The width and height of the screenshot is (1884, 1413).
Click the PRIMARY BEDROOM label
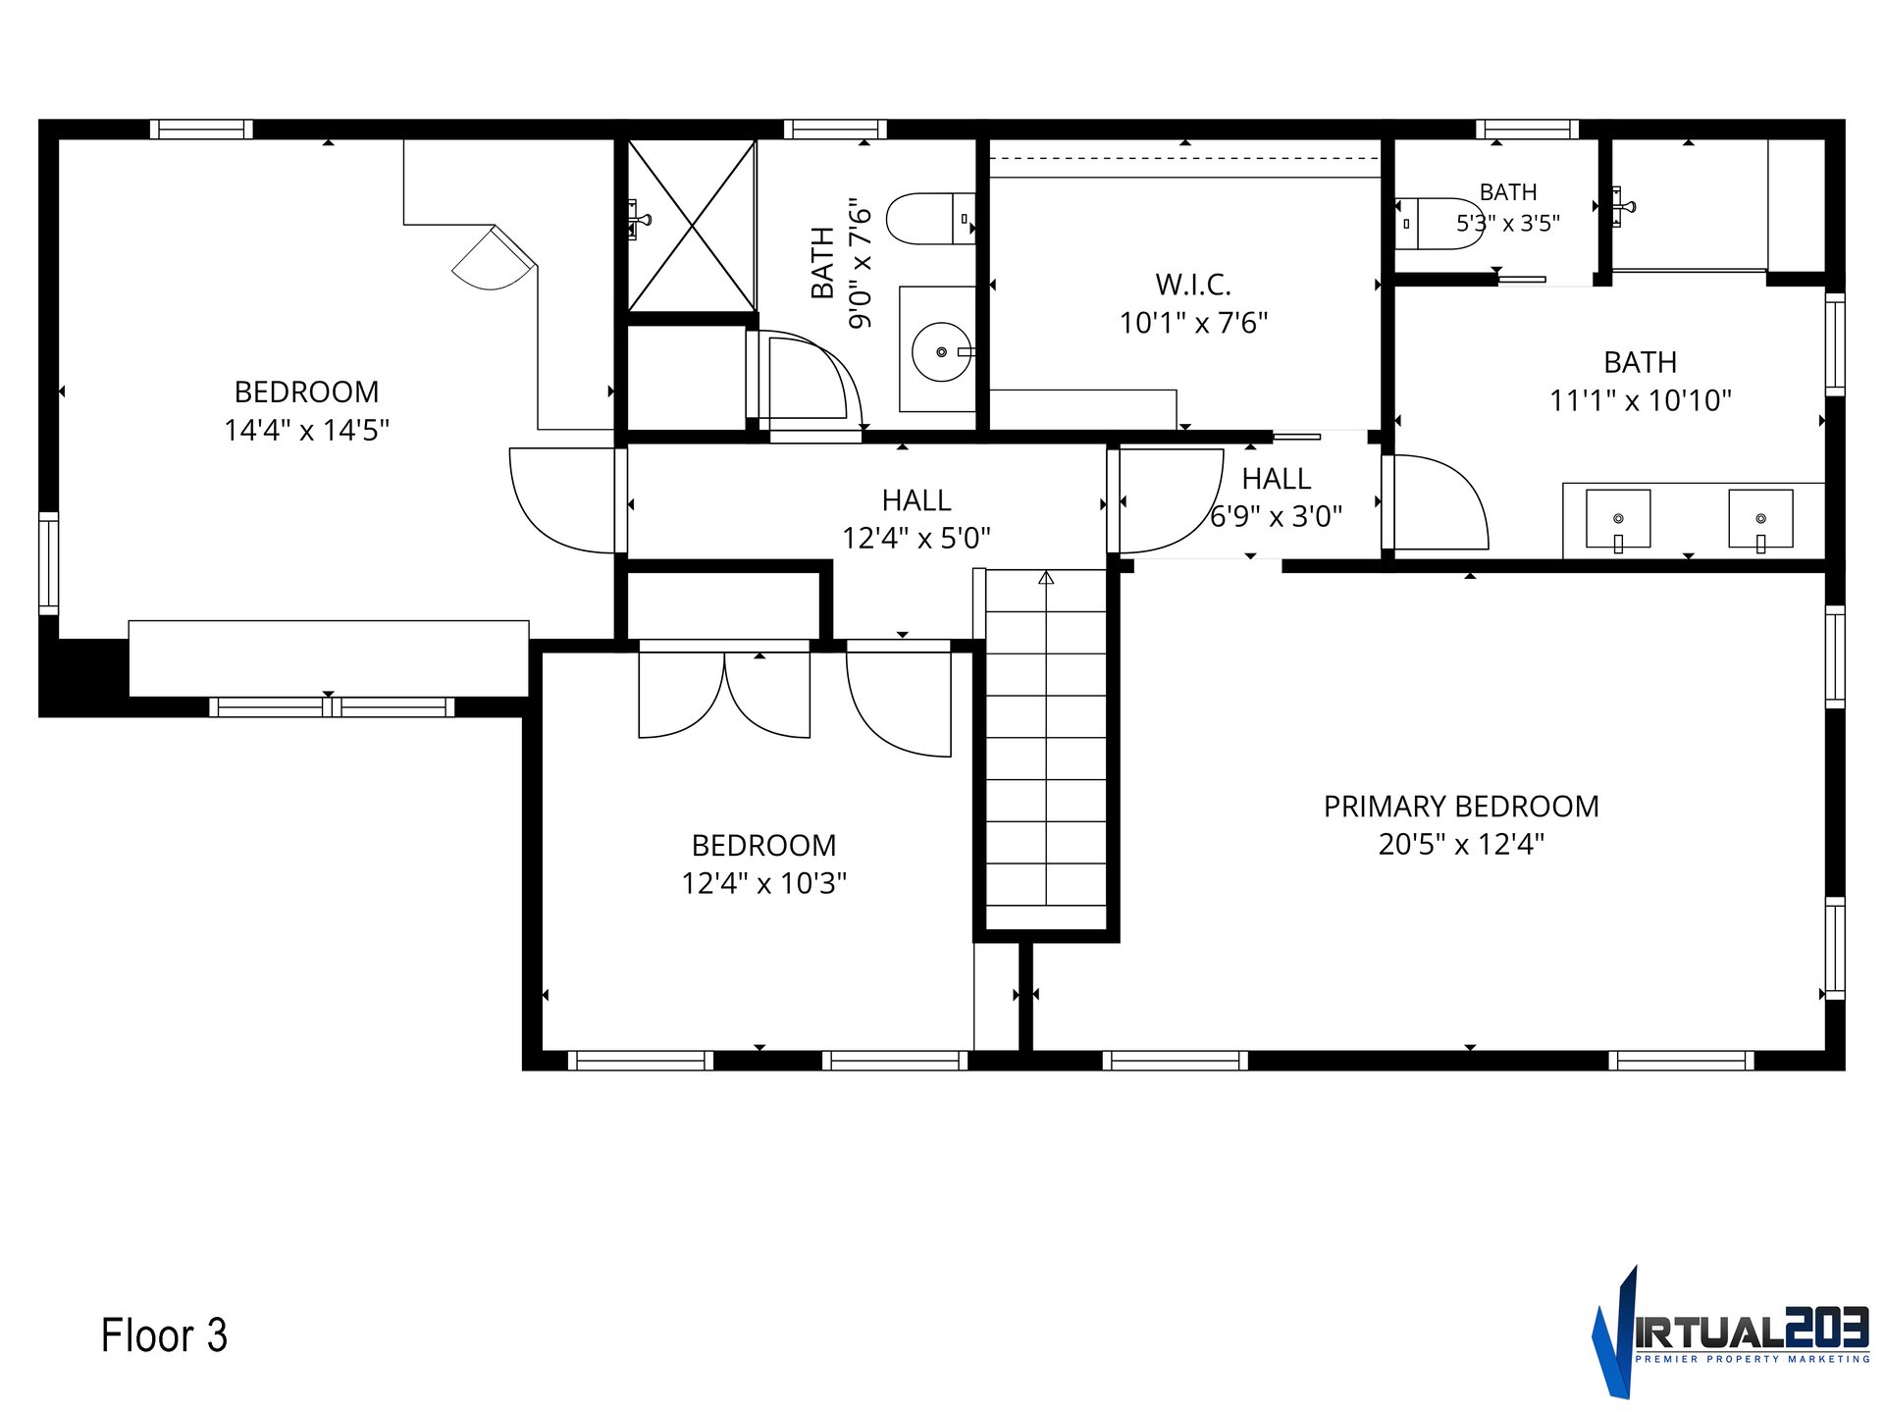pos(1461,807)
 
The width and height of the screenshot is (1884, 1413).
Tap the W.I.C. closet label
pos(1193,285)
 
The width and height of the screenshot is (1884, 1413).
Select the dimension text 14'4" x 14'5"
pos(307,430)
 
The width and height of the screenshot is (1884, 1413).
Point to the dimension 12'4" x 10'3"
pos(764,883)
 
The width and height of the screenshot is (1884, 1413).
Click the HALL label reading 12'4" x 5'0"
pos(916,500)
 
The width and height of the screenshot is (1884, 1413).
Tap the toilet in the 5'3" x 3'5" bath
pos(1439,224)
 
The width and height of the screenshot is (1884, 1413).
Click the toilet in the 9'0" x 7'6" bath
pos(930,219)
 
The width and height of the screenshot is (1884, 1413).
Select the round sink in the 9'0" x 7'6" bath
pos(942,351)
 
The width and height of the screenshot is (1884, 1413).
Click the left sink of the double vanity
pos(1618,519)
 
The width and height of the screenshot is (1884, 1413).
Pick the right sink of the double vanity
pos(1760,519)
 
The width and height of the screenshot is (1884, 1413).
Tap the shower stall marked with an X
pos(692,227)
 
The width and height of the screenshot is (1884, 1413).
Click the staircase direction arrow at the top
pos(1046,578)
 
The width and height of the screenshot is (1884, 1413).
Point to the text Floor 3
pos(164,1335)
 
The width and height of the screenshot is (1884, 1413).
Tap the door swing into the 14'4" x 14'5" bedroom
pos(562,500)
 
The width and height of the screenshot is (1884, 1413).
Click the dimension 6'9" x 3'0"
pos(1276,516)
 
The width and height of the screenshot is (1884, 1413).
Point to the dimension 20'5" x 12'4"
pos(1461,844)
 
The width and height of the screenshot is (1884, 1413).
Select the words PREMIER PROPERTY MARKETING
pos(1753,1359)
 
